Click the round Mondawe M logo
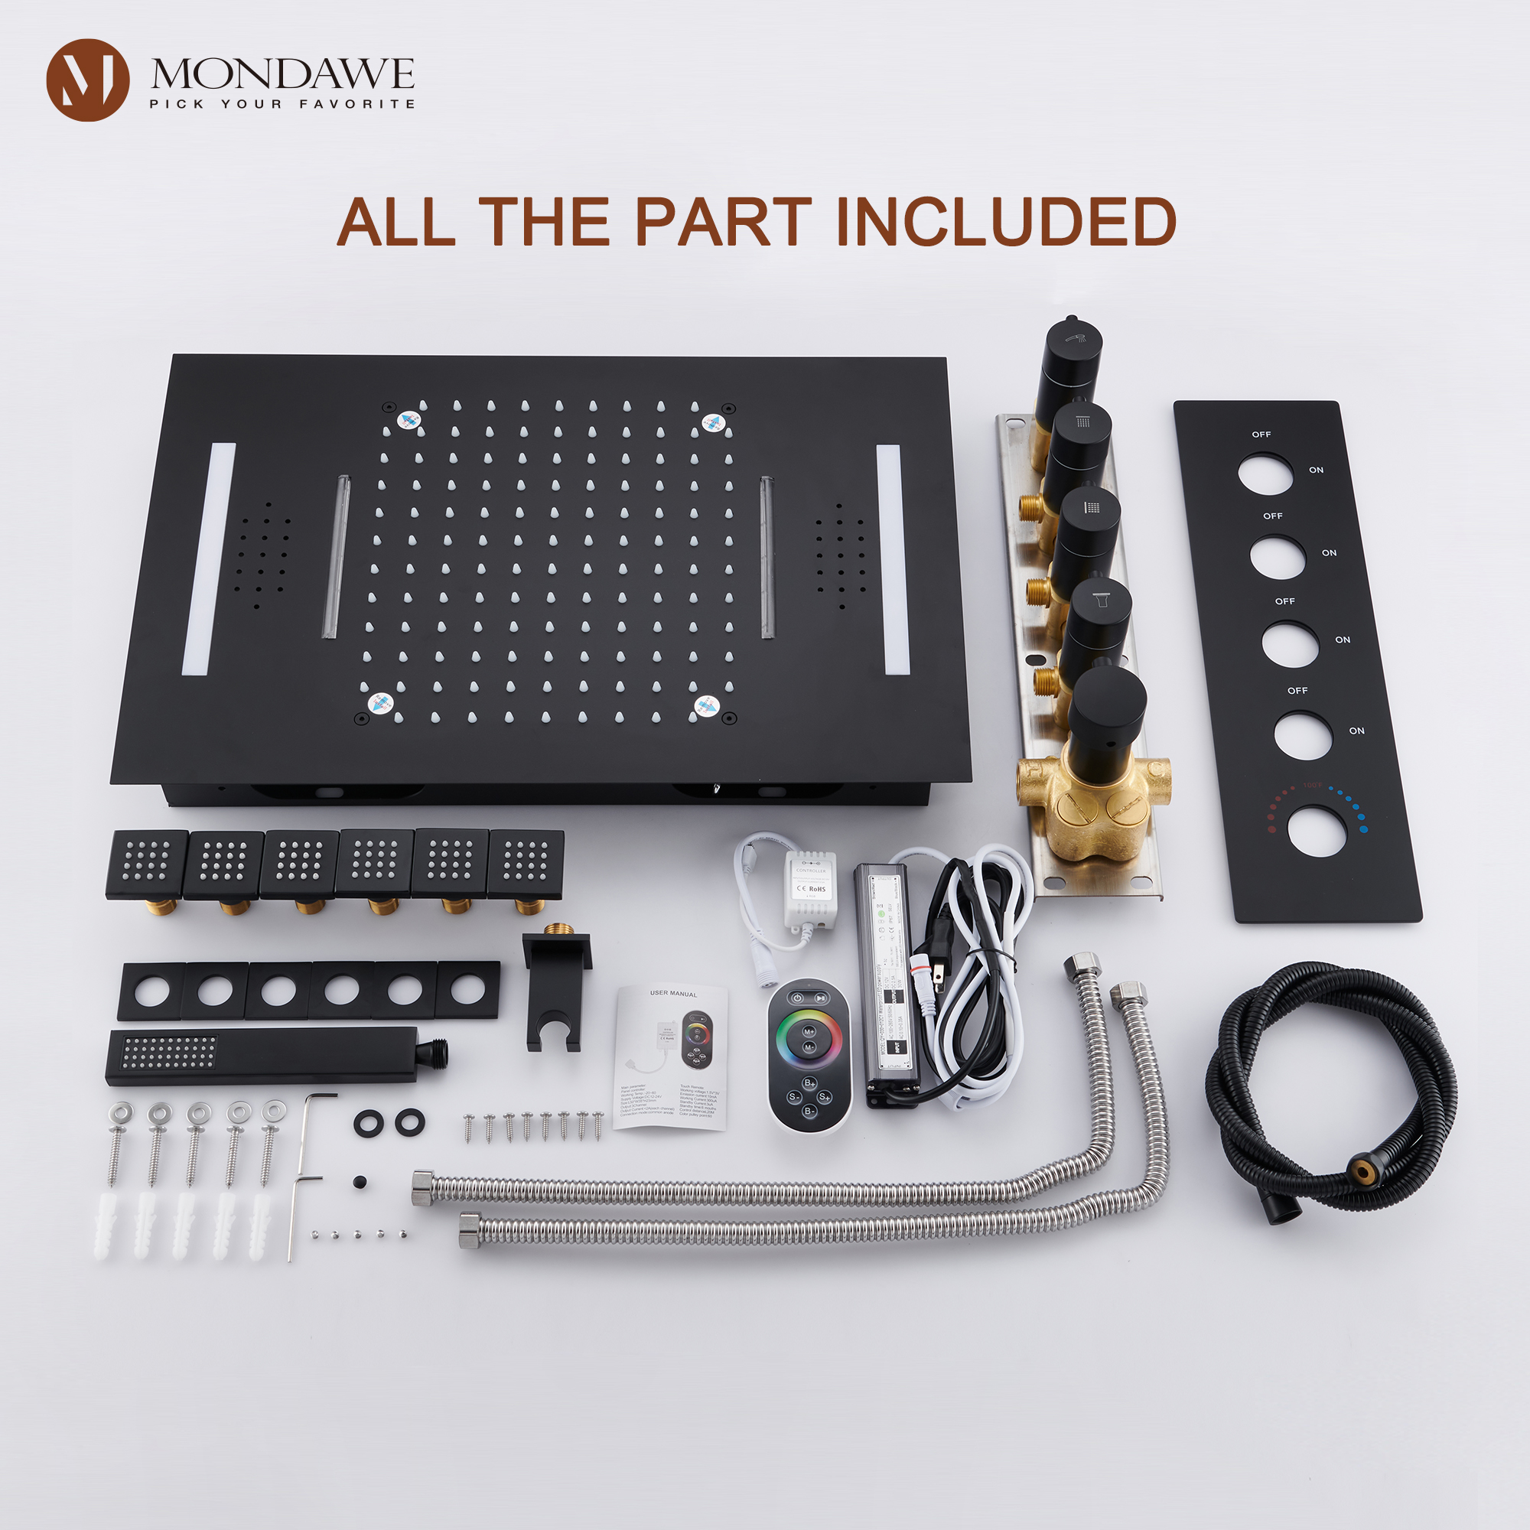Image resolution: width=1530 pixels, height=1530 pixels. [x=87, y=80]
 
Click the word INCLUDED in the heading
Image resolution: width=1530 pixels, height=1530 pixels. [x=1005, y=222]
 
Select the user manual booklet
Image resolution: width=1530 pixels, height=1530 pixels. [x=672, y=1057]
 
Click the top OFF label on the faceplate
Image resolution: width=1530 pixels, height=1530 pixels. [x=1261, y=435]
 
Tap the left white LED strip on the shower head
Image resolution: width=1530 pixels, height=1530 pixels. [x=209, y=559]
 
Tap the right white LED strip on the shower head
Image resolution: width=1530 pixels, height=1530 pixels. [x=893, y=560]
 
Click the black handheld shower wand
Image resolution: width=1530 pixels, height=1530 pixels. [x=269, y=1056]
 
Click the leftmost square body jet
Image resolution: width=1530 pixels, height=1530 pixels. [x=147, y=864]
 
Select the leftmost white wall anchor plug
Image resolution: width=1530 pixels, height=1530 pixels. [x=107, y=1224]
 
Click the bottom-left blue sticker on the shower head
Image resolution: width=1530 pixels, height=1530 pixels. [x=380, y=702]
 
